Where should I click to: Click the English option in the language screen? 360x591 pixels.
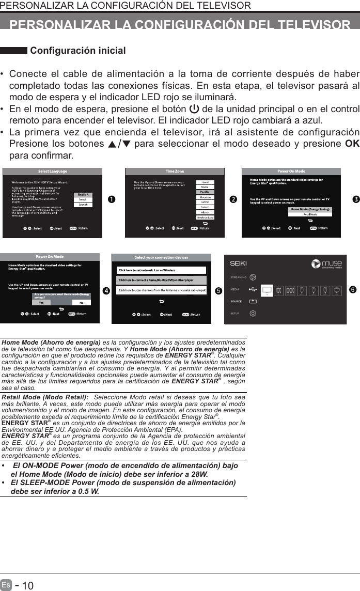tap(83, 195)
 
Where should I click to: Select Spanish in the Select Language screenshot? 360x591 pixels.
tap(83, 204)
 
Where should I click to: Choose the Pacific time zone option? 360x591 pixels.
tap(205, 192)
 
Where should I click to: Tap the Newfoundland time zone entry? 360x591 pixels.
tap(205, 217)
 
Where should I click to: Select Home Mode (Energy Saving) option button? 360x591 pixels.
tap(310, 209)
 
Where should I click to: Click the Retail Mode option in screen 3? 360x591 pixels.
tap(310, 214)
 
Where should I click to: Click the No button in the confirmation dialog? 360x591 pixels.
tap(81, 302)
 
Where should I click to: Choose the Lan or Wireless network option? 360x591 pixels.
tap(162, 270)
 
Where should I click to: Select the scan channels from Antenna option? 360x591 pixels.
tap(162, 290)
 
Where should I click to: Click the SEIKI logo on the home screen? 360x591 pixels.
tap(239, 263)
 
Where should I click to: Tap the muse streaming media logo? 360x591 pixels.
tap(326, 264)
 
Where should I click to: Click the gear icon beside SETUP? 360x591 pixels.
tap(253, 313)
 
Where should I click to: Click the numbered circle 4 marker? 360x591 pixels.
tap(106, 291)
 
